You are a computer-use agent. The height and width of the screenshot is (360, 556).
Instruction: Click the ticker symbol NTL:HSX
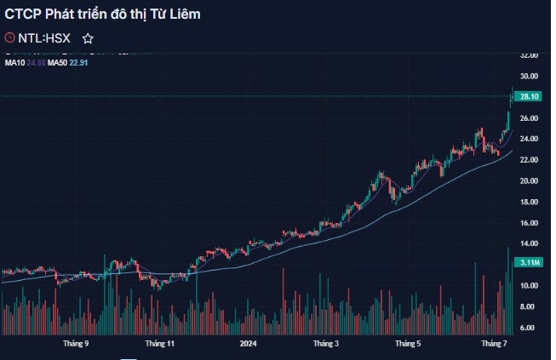44,38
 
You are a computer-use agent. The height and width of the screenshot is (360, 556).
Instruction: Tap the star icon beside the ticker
88,38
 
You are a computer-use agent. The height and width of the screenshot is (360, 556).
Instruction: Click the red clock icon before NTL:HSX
10,38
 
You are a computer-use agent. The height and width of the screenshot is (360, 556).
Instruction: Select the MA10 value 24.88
36,62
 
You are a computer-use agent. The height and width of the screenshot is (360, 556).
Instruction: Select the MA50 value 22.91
78,62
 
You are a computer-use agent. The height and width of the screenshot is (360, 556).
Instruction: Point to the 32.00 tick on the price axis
529,55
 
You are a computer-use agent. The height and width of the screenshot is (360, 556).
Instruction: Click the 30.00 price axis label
529,76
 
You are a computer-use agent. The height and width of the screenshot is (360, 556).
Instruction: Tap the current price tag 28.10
529,97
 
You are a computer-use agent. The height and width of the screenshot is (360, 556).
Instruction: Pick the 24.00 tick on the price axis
529,139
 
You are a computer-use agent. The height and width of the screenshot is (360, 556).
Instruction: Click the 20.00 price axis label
529,180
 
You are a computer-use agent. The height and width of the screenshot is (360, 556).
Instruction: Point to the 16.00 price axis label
529,223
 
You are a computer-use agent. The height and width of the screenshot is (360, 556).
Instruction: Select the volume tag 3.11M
529,263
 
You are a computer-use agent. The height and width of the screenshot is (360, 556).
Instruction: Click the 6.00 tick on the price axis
529,328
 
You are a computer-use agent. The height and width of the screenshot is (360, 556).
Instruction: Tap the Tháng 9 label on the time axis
76,345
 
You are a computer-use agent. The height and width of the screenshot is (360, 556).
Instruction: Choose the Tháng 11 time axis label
159,345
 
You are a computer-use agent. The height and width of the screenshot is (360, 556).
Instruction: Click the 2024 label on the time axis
248,345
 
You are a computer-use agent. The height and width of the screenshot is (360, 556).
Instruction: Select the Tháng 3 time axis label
325,345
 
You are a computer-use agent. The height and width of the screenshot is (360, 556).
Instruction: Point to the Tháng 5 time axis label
408,345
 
